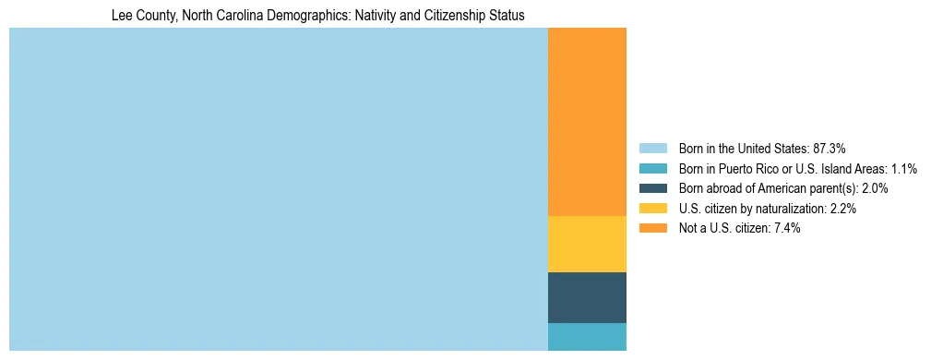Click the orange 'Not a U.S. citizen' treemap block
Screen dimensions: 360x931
coord(587,122)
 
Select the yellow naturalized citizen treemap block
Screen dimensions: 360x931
coord(587,244)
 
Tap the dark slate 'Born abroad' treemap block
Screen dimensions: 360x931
coord(587,297)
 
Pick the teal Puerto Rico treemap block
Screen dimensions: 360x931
coord(587,337)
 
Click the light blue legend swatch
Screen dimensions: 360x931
coord(652,148)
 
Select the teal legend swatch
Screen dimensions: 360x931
coord(652,168)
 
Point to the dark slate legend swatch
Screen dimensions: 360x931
coord(652,188)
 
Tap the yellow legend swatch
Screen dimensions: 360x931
coord(652,209)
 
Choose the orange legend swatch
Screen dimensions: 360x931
coord(652,228)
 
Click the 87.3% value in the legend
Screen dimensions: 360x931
coord(829,148)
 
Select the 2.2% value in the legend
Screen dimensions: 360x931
coord(841,209)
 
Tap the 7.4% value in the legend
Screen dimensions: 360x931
coord(786,228)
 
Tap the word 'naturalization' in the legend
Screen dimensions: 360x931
coord(785,209)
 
